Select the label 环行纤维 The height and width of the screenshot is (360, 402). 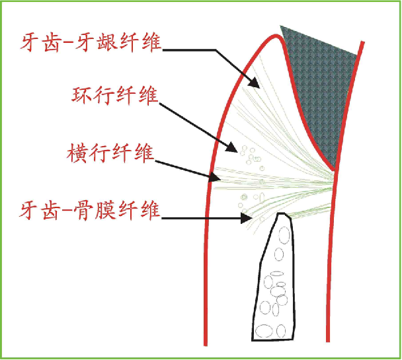tap(114, 96)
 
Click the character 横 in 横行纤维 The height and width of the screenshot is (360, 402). tap(77, 156)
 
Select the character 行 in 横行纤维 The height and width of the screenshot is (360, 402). tap(99, 156)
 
